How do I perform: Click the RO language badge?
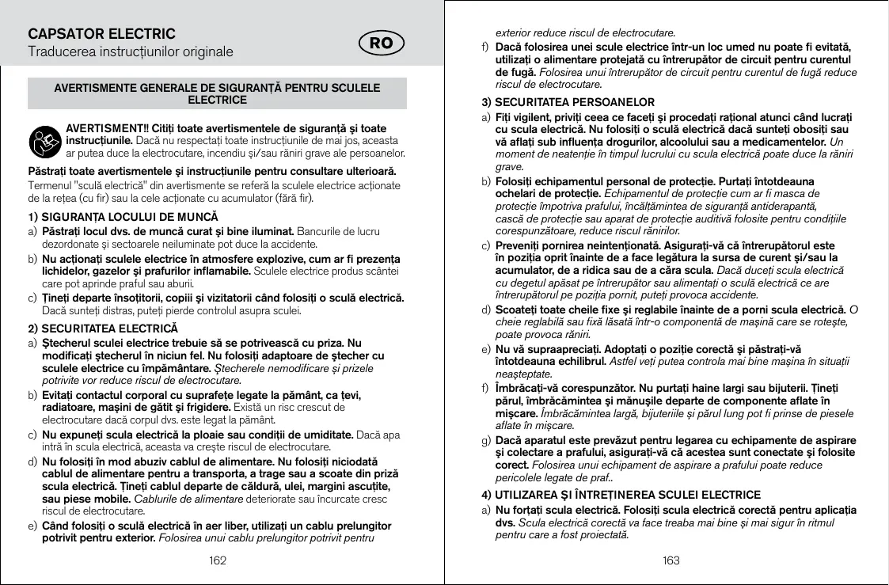(382, 44)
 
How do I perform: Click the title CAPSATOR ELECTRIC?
(101, 34)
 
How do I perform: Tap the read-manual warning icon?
(44, 140)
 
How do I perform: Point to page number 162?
(218, 560)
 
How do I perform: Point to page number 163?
(671, 560)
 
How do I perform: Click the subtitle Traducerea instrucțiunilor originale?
(131, 52)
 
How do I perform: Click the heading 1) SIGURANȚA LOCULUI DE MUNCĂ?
(123, 217)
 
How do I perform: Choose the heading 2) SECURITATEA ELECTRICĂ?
(103, 328)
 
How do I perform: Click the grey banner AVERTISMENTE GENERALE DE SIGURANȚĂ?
(217, 93)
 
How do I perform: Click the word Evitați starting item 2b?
(59, 394)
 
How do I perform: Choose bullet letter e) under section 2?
(32, 526)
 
